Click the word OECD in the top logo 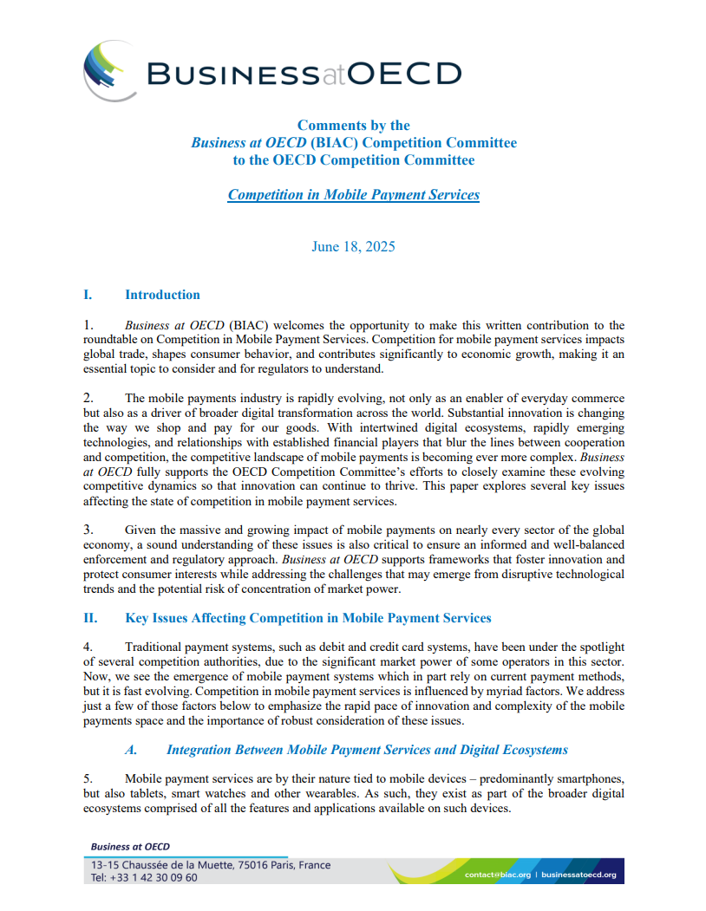pyautogui.click(x=404, y=74)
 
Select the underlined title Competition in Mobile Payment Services pyautogui.click(x=353, y=194)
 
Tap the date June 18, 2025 pyautogui.click(x=353, y=246)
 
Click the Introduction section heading pyautogui.click(x=162, y=295)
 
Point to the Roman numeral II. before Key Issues pyautogui.click(x=89, y=618)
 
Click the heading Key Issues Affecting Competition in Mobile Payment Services pyautogui.click(x=308, y=618)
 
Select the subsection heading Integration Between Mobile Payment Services pyautogui.click(x=367, y=749)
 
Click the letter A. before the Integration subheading pyautogui.click(x=133, y=749)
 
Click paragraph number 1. pyautogui.click(x=87, y=325)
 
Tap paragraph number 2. pyautogui.click(x=87, y=397)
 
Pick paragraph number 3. pyautogui.click(x=87, y=529)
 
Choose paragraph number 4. pyautogui.click(x=87, y=647)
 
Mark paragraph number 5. pyautogui.click(x=87, y=778)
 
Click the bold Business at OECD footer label pyautogui.click(x=131, y=846)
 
